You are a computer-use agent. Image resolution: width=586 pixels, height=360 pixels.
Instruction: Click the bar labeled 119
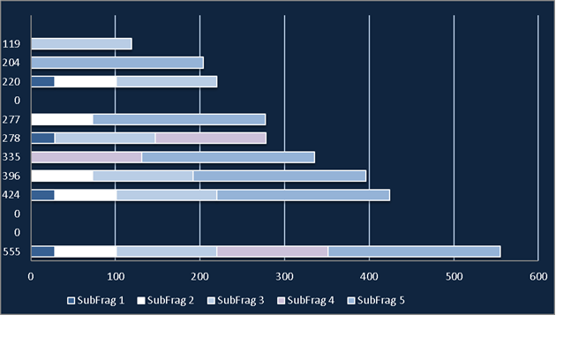[x=81, y=44]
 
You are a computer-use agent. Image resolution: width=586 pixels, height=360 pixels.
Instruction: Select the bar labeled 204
[x=117, y=63]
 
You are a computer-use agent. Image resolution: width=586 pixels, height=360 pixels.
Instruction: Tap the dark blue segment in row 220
[x=42, y=81]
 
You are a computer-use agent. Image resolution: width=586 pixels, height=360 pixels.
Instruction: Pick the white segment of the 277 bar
[x=62, y=119]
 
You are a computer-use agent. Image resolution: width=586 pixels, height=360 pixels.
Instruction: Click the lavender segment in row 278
[x=211, y=138]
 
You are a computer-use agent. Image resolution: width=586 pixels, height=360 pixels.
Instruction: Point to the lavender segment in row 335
[x=86, y=157]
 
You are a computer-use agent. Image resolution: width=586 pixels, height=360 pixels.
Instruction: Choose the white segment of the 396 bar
[x=62, y=176]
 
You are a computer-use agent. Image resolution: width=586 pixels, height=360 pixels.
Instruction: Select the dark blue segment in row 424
[x=42, y=195]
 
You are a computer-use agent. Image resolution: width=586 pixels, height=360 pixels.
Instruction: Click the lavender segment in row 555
[x=273, y=251]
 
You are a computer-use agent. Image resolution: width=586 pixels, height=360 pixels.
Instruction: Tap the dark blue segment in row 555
[x=42, y=251]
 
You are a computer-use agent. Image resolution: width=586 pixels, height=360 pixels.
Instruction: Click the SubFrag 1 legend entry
[x=95, y=301]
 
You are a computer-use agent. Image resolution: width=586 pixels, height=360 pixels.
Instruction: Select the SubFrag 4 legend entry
[x=305, y=301]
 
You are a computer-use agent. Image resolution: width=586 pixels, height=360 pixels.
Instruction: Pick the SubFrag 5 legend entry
[x=376, y=301]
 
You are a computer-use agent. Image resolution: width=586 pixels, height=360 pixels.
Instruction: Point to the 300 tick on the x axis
[x=284, y=277]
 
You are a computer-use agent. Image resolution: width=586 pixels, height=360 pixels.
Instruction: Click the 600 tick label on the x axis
[x=538, y=277]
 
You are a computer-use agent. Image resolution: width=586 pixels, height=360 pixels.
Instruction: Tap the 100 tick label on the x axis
[x=116, y=277]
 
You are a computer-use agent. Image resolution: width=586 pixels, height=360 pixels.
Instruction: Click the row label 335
[x=11, y=157]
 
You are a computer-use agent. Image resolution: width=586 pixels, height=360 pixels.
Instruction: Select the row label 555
[x=11, y=251]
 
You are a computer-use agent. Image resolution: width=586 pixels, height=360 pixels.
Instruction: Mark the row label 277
[x=11, y=119]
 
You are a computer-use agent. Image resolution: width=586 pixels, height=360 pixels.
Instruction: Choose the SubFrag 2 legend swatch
[x=141, y=301]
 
